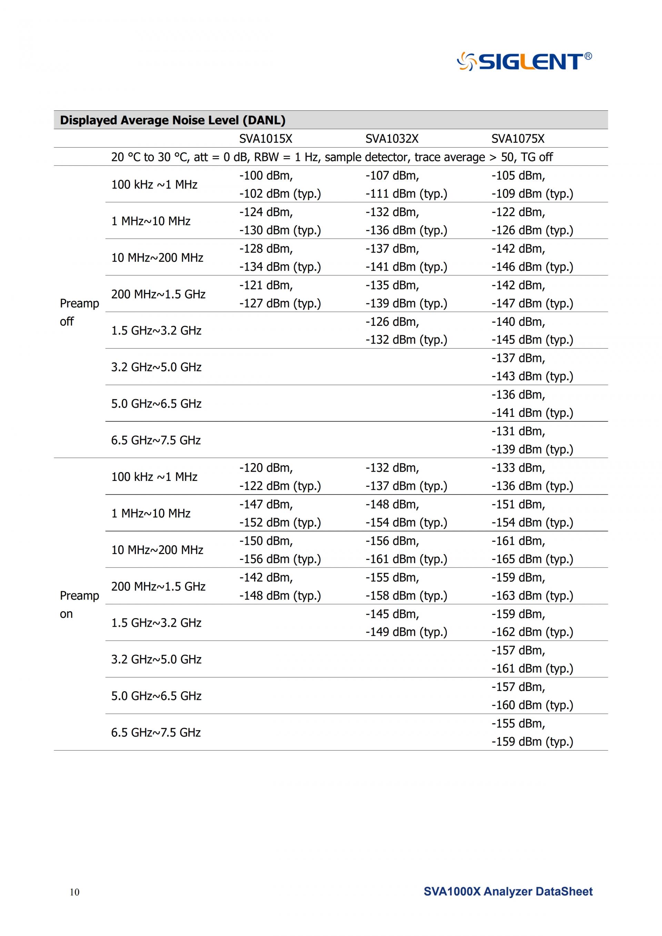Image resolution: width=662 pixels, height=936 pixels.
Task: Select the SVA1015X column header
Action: pyautogui.click(x=265, y=139)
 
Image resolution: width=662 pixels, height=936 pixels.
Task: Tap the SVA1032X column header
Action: pyautogui.click(x=391, y=139)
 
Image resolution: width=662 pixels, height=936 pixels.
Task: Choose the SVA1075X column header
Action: pyautogui.click(x=517, y=139)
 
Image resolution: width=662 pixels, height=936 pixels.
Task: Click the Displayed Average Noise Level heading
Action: pyautogui.click(x=172, y=120)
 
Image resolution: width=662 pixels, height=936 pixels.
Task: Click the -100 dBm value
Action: pyautogui.click(x=266, y=176)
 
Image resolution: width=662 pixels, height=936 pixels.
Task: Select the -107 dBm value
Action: pyautogui.click(x=392, y=176)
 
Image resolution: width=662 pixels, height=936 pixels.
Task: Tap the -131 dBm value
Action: pyautogui.click(x=518, y=431)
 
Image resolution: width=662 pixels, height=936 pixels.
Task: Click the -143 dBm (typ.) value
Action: pyautogui.click(x=532, y=376)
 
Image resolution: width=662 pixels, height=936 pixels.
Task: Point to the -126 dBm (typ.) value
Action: pyautogui.click(x=532, y=230)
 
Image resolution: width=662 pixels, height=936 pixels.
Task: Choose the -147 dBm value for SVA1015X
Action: pyautogui.click(x=266, y=505)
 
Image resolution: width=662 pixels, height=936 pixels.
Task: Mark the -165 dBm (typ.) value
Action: pyautogui.click(x=532, y=559)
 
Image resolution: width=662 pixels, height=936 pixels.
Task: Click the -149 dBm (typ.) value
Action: pyautogui.click(x=406, y=632)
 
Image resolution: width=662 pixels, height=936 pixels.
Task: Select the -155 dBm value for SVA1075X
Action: pyautogui.click(x=518, y=724)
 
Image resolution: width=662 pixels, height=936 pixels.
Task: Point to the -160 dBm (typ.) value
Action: pyautogui.click(x=532, y=705)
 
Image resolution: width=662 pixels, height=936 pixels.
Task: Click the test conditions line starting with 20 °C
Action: pyautogui.click(x=332, y=157)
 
